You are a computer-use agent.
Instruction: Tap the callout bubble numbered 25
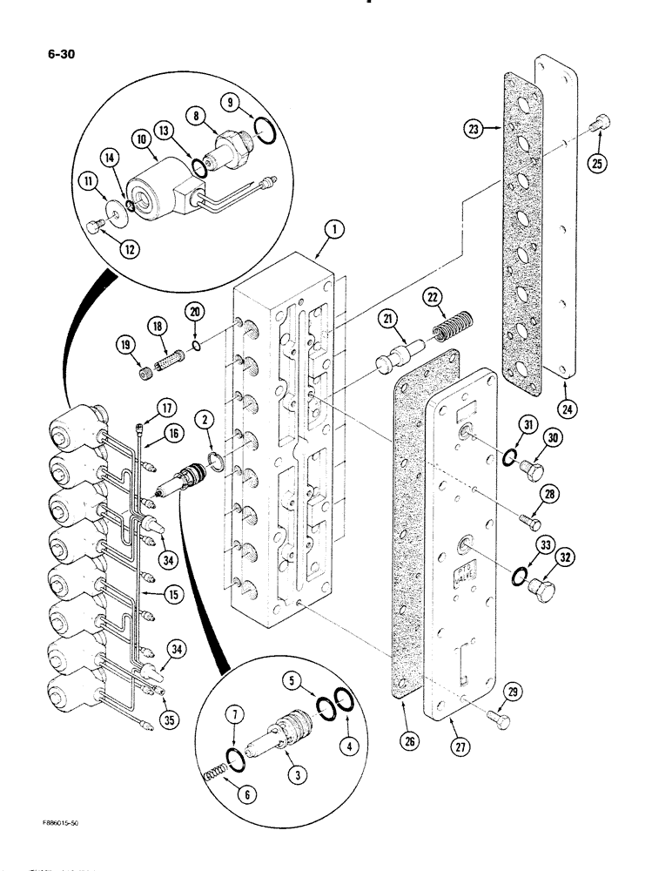598,162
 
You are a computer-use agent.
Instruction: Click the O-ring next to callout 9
266,128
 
